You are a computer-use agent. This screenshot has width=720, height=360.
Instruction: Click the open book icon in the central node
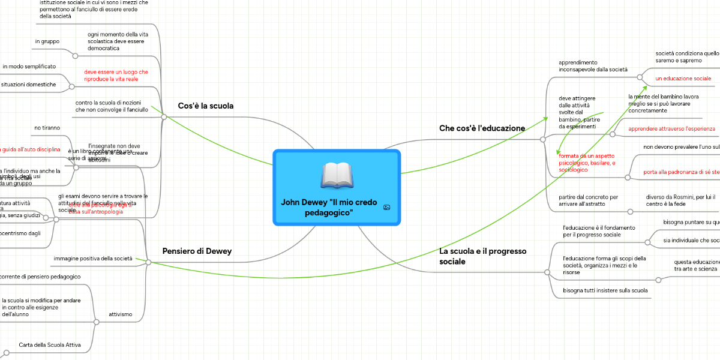click(x=337, y=175)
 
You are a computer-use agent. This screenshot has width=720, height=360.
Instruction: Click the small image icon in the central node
click(x=386, y=208)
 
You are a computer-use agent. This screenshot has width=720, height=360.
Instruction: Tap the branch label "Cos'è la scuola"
click(x=206, y=106)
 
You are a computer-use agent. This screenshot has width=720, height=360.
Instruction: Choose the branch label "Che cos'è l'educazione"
click(x=482, y=128)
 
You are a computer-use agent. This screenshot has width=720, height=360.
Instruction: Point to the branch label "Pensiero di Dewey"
click(x=197, y=251)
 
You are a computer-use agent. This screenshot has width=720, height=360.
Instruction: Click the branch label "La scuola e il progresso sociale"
click(x=482, y=256)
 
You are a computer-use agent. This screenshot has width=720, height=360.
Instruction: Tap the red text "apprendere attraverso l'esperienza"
click(x=671, y=129)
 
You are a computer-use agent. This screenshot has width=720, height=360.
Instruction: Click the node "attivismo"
click(x=121, y=314)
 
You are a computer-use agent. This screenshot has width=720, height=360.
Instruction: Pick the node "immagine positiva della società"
click(x=92, y=259)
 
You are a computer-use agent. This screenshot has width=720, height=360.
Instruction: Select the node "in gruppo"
click(x=47, y=41)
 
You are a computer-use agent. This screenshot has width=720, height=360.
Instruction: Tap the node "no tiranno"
click(x=46, y=128)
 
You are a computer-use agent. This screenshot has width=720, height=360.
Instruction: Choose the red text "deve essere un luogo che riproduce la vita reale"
click(x=116, y=76)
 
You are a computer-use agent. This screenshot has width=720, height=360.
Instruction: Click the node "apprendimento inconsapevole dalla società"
click(x=593, y=66)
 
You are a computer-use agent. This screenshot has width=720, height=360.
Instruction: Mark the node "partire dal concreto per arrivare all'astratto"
click(x=588, y=200)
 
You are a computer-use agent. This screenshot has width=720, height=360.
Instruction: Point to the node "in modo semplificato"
click(x=29, y=66)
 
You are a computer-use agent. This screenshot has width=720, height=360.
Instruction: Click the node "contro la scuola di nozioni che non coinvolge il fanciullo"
click(x=112, y=106)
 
